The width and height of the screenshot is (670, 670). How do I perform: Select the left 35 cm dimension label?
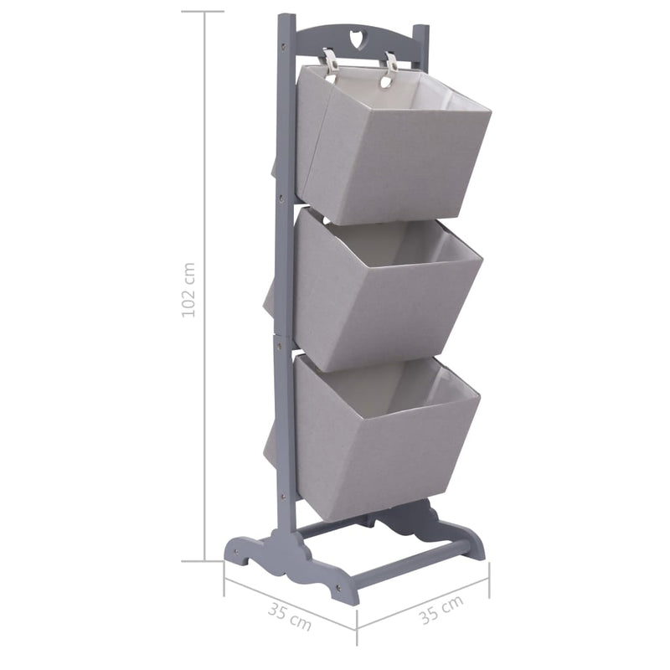289,617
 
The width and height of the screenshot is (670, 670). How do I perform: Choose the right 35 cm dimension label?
441,613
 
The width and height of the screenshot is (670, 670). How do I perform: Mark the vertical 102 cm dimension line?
204,419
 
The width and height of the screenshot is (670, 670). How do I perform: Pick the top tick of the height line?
203,12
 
